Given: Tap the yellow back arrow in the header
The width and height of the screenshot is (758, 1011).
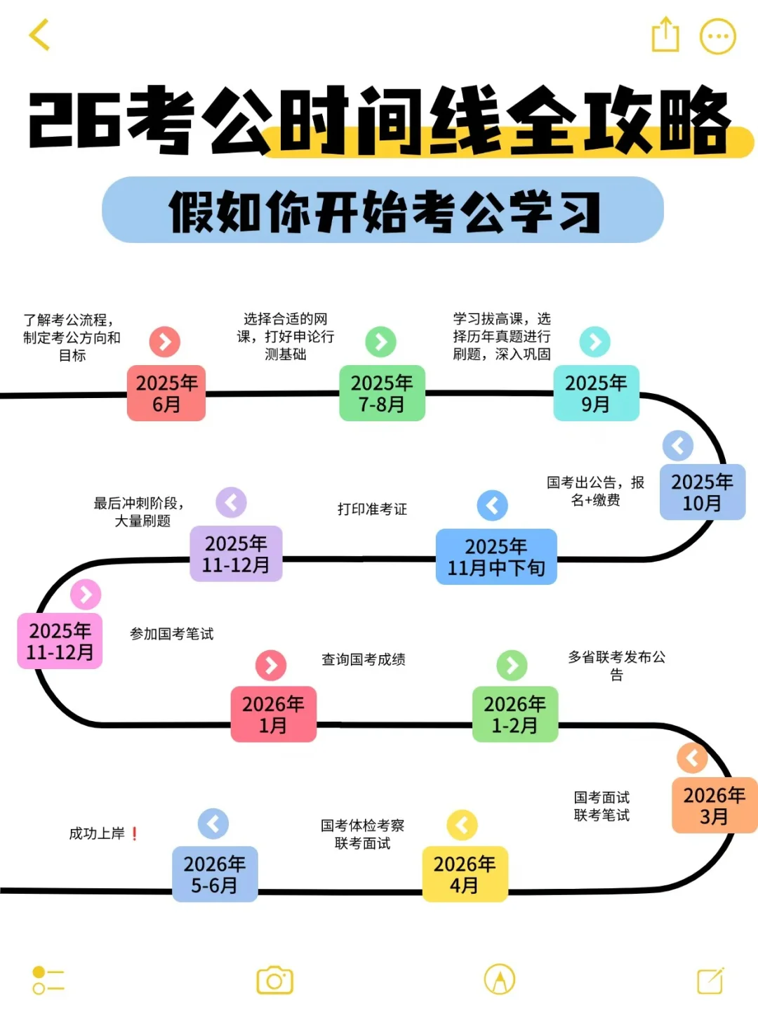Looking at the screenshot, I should coord(39,35).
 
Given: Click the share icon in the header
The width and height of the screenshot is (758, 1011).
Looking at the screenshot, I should coord(665,35).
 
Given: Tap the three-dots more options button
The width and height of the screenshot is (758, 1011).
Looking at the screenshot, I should coord(717,37).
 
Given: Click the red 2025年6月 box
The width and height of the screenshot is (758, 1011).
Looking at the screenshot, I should coord(166,393).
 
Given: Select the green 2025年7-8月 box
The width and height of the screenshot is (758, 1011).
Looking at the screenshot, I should coord(382,393).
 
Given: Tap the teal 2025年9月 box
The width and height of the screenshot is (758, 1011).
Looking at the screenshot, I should coord(596,393).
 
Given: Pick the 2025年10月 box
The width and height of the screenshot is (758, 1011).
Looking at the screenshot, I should coord(702,492).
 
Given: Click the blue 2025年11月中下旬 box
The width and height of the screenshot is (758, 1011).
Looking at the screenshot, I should coord(496,557).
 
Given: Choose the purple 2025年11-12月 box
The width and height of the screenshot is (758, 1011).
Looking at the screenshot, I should coord(236,554).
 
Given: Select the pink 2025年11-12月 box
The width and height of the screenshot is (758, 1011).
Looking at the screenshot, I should coord(60,641).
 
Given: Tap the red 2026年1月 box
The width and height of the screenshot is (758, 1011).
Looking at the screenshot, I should coord(273,714).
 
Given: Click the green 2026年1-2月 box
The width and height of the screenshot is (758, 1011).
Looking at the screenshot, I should coord(514,714).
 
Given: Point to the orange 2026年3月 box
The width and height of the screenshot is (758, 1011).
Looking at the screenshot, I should coord(714,805).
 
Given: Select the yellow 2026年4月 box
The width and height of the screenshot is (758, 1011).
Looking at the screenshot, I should coord(464,874).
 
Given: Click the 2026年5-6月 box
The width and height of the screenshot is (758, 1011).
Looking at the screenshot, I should coord(215,874).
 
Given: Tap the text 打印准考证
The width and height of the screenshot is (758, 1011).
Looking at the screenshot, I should coord(372,509).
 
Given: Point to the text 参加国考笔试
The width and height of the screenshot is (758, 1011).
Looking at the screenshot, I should coord(171,634).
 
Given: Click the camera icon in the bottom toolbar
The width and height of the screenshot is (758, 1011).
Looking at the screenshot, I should coord(274,980).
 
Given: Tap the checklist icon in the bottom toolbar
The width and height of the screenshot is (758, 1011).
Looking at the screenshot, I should coord(48,980).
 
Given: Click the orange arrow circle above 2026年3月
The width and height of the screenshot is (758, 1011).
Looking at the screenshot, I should coord(692,758).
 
